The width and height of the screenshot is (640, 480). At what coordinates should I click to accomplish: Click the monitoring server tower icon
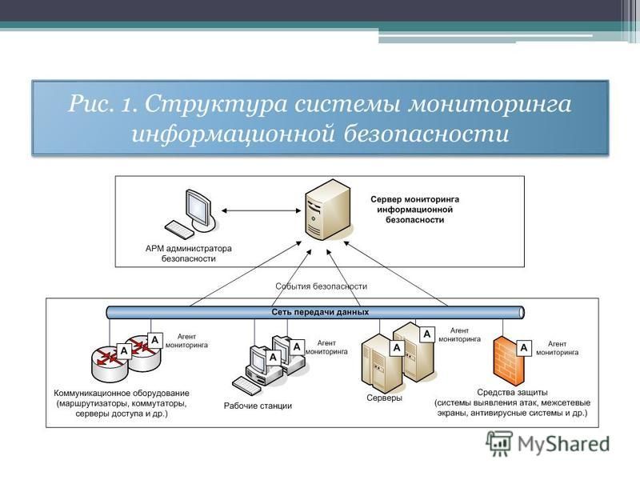point(326,210)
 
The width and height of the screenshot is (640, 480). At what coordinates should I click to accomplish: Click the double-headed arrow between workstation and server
point(258,210)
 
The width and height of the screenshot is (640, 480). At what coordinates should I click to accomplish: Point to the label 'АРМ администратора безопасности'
point(188,254)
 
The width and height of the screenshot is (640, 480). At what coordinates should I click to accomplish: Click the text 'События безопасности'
point(321,286)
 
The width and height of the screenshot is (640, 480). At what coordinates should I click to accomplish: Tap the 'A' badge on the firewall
point(524,348)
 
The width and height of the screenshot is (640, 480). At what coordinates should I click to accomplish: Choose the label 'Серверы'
point(384,398)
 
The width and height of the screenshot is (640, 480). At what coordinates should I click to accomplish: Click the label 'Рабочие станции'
point(258,406)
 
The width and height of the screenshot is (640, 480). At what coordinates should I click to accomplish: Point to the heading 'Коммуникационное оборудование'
point(122,393)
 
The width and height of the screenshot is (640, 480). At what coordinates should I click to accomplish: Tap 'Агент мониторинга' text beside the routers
point(186,342)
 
